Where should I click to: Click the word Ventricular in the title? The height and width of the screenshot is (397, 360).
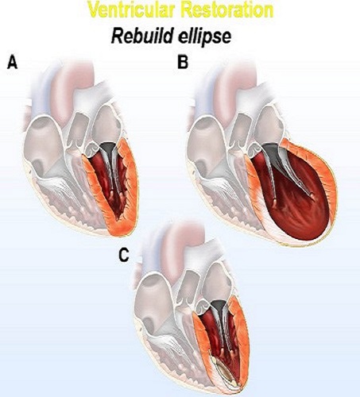pyautogui.click(x=130, y=10)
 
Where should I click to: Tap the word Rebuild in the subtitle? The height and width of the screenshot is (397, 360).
pyautogui.click(x=141, y=37)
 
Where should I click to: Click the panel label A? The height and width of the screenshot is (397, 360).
pyautogui.click(x=12, y=62)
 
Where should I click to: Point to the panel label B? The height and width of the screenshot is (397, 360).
pyautogui.click(x=183, y=62)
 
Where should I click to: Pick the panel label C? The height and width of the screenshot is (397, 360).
pyautogui.click(x=124, y=256)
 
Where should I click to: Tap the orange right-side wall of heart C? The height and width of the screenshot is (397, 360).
pyautogui.click(x=241, y=339)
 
